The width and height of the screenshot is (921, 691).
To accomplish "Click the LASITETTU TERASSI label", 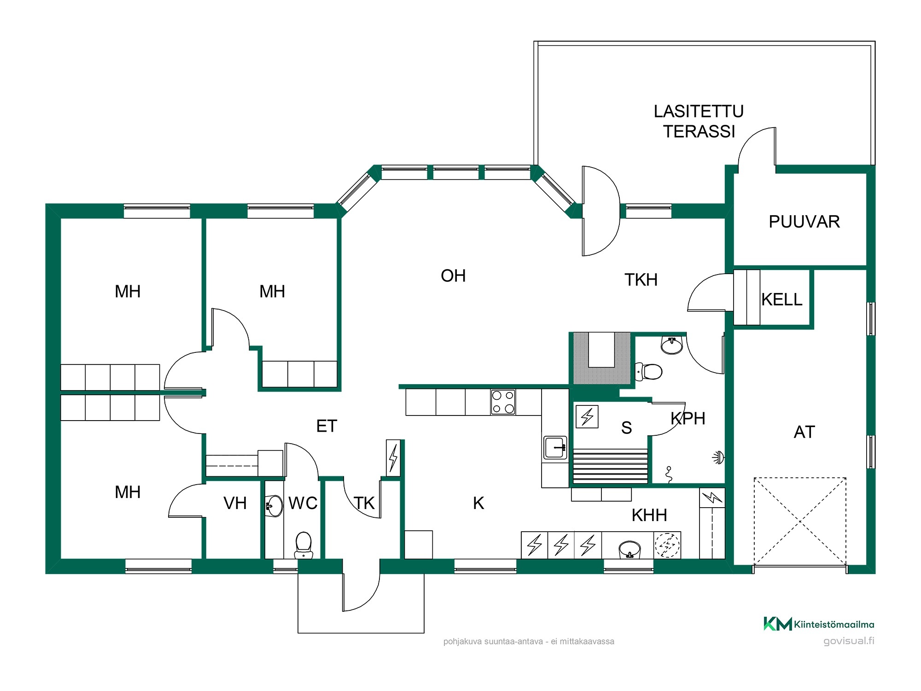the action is tap(699, 122).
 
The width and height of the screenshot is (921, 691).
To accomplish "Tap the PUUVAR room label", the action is tap(804, 222).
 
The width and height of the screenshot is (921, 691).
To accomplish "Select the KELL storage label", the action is tap(781, 300).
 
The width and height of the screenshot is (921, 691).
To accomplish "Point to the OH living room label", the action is tap(453, 276).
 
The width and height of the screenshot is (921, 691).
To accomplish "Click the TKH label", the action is tap(641, 280).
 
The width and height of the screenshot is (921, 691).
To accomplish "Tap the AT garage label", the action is tap(804, 432).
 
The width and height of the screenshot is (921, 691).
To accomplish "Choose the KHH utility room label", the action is tap(649, 515).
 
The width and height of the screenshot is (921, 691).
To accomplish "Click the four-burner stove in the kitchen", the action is tap(503, 402).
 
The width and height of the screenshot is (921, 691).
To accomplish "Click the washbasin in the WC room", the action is tap(274, 506).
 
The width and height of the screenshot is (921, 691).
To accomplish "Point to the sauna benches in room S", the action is tap(611, 466).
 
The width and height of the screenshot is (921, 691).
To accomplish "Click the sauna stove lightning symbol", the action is tap(587, 416).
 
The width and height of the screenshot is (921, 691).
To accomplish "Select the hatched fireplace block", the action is tap(601, 358).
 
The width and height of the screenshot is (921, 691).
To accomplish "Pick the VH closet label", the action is tap(235, 503).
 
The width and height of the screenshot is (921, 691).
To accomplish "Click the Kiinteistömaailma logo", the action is tap(819, 624).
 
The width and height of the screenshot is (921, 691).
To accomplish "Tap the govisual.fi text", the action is tap(849, 641).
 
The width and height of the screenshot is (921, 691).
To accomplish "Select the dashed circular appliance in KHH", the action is tap(667, 545).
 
